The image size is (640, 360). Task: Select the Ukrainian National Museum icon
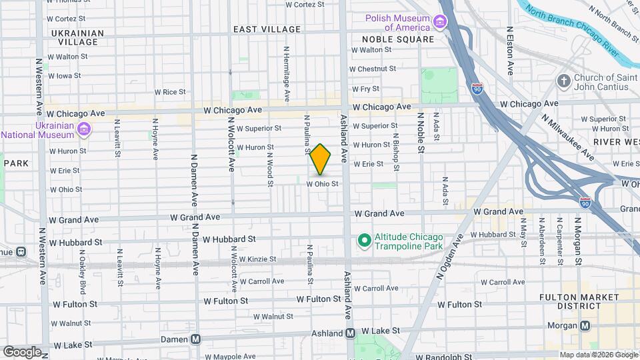point(84,129)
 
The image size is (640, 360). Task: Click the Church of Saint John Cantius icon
point(564,81)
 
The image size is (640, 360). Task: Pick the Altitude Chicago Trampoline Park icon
point(364,239)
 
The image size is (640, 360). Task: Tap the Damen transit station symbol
point(196,339)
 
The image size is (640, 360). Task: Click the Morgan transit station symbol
point(585,326)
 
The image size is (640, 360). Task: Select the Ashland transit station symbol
point(350,333)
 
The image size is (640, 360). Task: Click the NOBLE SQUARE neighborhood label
point(398,39)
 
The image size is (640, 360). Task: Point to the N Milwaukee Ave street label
point(567,137)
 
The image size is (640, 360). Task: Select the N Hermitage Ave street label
point(287,73)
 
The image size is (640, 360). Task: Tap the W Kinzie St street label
point(257,259)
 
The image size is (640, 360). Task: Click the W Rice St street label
point(169,92)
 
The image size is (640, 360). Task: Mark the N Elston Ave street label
point(510,50)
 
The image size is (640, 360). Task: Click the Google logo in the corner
point(22,351)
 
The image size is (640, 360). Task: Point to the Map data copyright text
point(598,355)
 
